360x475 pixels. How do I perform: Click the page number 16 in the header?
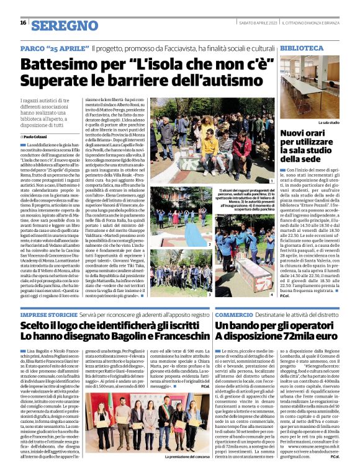(22, 23)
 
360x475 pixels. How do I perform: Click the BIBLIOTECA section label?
(301, 47)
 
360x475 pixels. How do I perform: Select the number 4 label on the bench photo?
(263, 294)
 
